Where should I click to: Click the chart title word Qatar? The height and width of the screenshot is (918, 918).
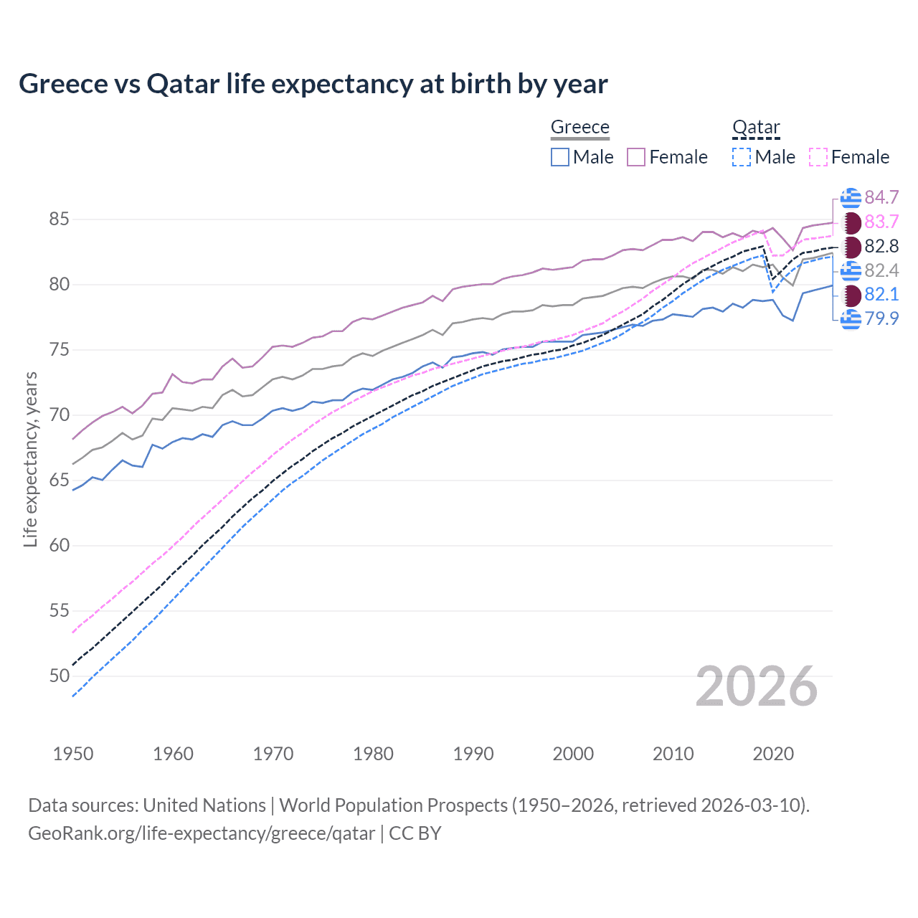pos(183,84)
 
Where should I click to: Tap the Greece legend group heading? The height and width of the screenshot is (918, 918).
pos(579,127)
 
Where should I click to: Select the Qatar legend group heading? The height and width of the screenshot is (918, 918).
pos(755,127)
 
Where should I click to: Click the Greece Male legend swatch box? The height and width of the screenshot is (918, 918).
pos(560,157)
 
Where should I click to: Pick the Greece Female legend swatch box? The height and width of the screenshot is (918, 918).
pos(636,157)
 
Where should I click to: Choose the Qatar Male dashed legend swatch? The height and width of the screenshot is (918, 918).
pos(742,157)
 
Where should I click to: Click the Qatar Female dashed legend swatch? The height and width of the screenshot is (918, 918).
pos(818,157)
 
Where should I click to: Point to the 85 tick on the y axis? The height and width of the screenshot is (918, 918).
pos(59,219)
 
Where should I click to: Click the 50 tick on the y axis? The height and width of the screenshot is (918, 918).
pos(59,676)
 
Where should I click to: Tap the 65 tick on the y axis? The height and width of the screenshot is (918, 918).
pos(59,480)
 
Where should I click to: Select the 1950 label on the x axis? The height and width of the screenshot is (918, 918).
pos(73,754)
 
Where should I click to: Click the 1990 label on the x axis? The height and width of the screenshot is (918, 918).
pos(473,754)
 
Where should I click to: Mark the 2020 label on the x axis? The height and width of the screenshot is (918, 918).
pos(773,754)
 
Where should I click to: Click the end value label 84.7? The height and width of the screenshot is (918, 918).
pos(881,197)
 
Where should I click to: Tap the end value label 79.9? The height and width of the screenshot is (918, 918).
pos(881,318)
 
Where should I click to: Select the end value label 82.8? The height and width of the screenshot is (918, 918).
pos(881,246)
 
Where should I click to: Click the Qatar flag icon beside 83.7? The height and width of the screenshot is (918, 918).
pos(851,222)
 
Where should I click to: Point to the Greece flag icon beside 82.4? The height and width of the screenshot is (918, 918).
pos(851,270)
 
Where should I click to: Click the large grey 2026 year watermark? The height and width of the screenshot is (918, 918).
pos(757,686)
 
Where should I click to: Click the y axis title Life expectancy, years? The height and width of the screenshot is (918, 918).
pos(30,460)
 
